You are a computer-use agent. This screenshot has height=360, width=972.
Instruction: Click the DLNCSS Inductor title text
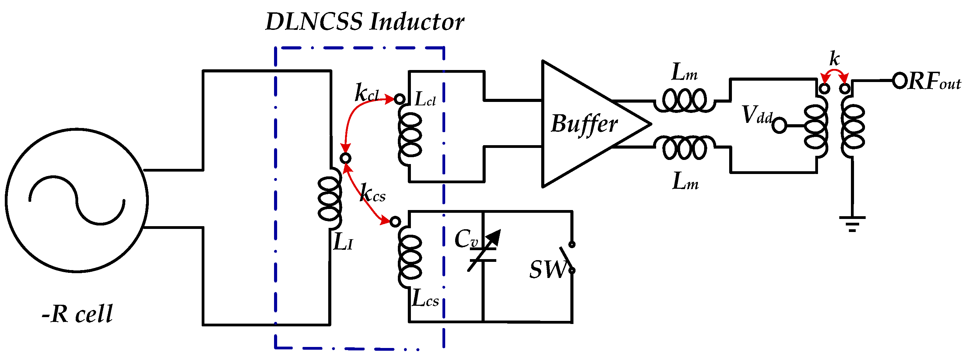tap(365, 22)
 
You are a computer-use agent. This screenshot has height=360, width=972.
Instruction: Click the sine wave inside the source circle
tap(77, 200)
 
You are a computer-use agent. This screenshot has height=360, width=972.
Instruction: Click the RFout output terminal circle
tap(900, 81)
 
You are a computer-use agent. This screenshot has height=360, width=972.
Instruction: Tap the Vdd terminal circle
tap(779, 125)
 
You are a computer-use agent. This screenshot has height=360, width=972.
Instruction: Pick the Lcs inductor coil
tap(410, 257)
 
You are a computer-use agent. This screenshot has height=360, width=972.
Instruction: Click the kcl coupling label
tap(367, 93)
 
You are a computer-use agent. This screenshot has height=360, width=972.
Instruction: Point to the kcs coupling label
tap(373, 193)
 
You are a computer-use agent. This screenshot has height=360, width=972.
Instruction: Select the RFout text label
tap(934, 82)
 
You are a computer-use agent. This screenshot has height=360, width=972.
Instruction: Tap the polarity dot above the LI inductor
tap(345, 158)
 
